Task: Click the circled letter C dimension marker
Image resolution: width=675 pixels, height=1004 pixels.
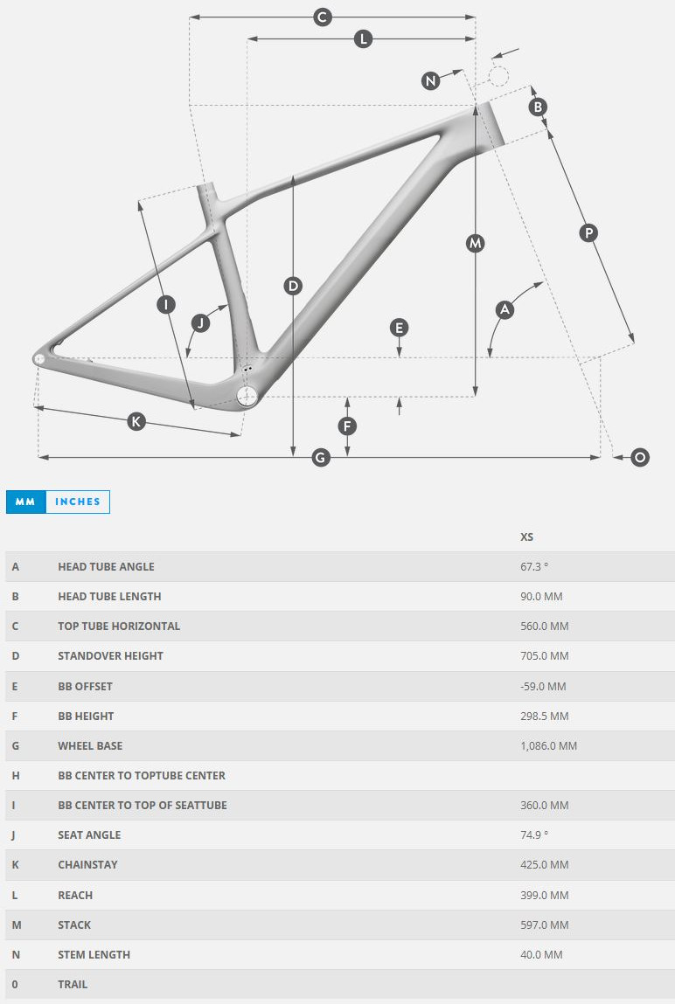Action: (x=323, y=17)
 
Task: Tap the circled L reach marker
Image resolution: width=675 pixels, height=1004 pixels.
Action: (x=363, y=38)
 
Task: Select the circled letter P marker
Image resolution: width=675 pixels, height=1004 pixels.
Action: (x=588, y=232)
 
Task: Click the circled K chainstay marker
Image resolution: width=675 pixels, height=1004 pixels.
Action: (x=136, y=421)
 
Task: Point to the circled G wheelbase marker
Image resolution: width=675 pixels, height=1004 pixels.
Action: (x=321, y=457)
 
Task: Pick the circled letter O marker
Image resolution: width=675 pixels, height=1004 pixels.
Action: (x=640, y=457)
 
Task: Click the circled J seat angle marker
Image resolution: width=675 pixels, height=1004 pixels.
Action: (x=200, y=323)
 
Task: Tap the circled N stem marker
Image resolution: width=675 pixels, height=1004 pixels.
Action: (x=430, y=81)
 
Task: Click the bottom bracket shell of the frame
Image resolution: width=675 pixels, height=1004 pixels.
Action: (x=248, y=396)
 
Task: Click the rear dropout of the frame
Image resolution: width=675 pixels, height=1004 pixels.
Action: (x=40, y=357)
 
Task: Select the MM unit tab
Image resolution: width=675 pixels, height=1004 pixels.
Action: (x=26, y=502)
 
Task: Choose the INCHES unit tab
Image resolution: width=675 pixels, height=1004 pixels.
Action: (x=78, y=502)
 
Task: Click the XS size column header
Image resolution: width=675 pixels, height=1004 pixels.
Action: (x=527, y=537)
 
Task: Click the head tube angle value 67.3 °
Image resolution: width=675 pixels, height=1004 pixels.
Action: (x=534, y=566)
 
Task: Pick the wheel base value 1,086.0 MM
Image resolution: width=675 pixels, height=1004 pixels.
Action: (x=548, y=745)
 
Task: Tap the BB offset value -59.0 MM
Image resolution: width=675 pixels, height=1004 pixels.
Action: (x=543, y=686)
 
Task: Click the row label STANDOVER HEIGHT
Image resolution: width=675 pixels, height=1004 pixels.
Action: (x=110, y=655)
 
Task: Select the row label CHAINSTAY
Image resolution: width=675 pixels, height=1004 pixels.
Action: (x=87, y=864)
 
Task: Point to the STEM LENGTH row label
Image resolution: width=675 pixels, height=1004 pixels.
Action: (x=94, y=954)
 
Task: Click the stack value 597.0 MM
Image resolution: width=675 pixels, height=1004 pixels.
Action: (x=544, y=924)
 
